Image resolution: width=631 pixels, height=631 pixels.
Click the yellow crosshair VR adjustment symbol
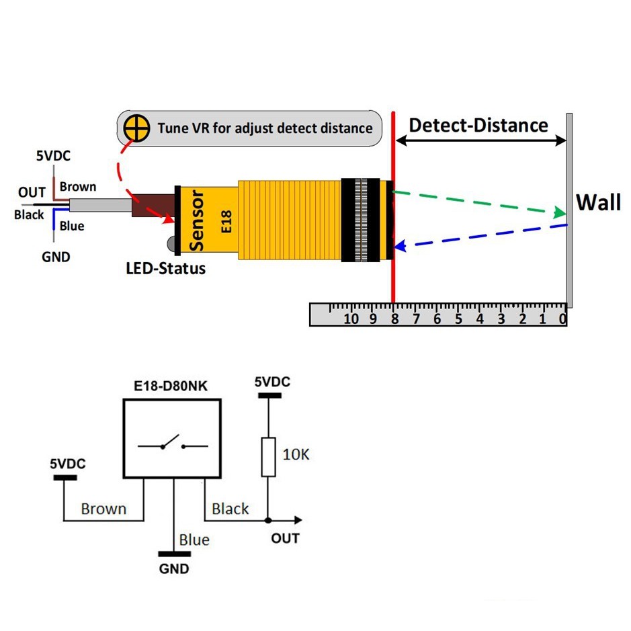pos(138,128)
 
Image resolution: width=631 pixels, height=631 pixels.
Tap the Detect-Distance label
pos(478,125)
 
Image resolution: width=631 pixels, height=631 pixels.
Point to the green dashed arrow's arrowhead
pos(558,213)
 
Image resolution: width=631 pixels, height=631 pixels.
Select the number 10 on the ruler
pos(351,319)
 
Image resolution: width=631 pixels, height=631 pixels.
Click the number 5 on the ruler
pos(458,319)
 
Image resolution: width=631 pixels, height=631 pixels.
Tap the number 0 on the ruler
pos(563,319)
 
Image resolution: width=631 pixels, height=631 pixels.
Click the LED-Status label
pos(166,269)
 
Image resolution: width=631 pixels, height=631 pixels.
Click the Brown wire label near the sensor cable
pos(78,187)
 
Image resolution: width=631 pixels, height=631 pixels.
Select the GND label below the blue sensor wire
pos(56,257)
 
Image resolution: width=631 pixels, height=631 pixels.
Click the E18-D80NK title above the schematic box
pos(171,387)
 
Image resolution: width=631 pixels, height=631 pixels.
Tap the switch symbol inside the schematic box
pos(172,444)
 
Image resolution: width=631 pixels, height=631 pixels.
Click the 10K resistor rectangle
pos(268,457)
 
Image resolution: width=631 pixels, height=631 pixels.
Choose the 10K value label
pos(296,454)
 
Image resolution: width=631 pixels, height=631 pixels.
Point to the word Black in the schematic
pos(230,509)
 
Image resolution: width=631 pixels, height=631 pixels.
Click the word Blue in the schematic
pos(194,540)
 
